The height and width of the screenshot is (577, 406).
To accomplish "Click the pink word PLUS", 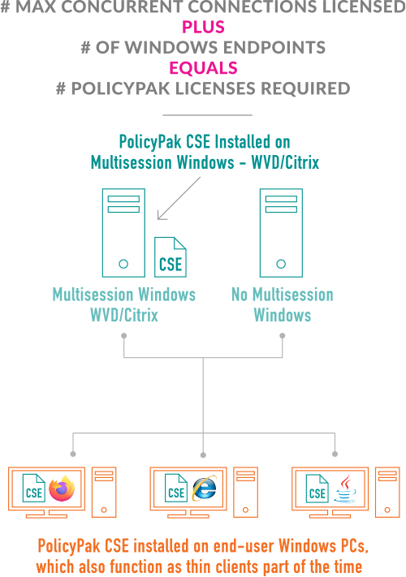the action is pyautogui.click(x=203, y=27).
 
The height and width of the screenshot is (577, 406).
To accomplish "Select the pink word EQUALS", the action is pyautogui.click(x=203, y=68).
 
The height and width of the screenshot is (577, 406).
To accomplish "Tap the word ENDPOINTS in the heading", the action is pyautogui.click(x=274, y=47).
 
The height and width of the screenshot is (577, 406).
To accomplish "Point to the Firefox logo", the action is pyautogui.click(x=62, y=489).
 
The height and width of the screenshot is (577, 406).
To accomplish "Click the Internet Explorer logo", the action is pyautogui.click(x=205, y=488).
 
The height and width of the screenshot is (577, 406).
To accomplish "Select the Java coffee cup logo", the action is pyautogui.click(x=345, y=489).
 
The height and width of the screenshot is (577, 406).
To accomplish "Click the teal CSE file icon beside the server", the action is pyautogui.click(x=171, y=257).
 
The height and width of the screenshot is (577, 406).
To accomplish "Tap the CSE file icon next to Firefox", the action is pyautogui.click(x=34, y=488).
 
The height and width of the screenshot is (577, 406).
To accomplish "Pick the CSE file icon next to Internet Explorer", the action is pyautogui.click(x=176, y=488).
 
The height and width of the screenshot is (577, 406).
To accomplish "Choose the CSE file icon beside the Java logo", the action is pyautogui.click(x=317, y=489).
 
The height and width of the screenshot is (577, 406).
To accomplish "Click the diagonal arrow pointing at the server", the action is pyautogui.click(x=179, y=198).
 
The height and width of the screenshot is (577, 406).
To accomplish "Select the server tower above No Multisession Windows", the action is pyautogui.click(x=281, y=233).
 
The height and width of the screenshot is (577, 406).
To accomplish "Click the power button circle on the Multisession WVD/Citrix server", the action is pyautogui.click(x=123, y=264).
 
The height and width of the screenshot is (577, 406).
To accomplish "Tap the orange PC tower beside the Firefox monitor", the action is pyautogui.click(x=104, y=493).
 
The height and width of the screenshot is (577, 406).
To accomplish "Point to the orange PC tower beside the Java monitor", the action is pyautogui.click(x=387, y=493).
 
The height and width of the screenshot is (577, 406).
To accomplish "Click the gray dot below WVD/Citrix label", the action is pyautogui.click(x=124, y=336).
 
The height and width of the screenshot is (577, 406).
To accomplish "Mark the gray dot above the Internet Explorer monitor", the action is pyautogui.click(x=203, y=455).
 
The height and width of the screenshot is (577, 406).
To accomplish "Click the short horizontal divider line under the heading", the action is pyautogui.click(x=208, y=115).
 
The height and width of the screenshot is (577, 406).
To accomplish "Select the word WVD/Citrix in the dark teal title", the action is pyautogui.click(x=285, y=162).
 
